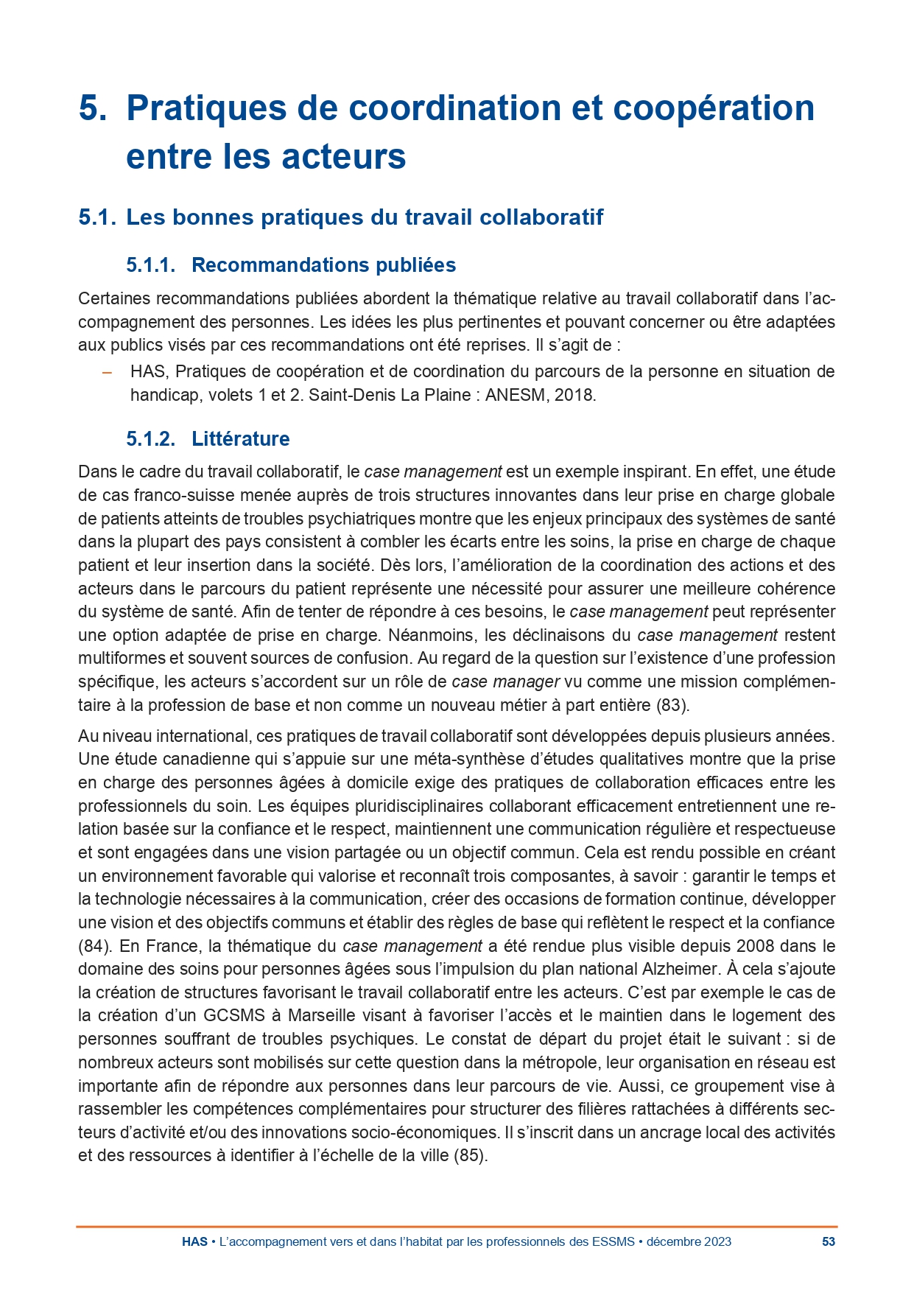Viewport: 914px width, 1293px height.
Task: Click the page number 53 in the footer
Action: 828,1241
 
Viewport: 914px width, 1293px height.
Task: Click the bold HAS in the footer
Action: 194,1241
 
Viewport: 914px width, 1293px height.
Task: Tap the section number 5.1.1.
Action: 150,265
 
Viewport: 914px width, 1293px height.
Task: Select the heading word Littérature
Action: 240,439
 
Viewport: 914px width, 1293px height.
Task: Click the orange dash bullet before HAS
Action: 107,372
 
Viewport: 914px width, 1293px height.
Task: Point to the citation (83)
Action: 672,705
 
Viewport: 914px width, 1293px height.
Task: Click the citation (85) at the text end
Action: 471,1155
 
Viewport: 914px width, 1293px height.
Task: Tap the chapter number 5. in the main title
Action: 94,108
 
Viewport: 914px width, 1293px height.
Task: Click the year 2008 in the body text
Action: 755,946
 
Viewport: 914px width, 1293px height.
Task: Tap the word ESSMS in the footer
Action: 613,1241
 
